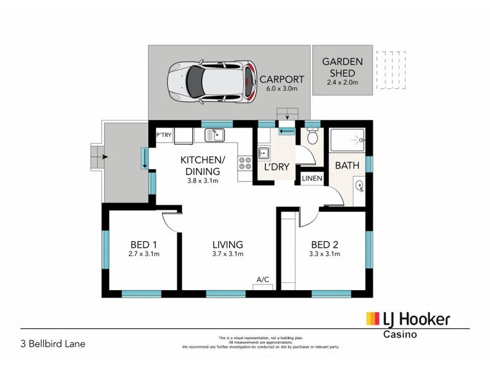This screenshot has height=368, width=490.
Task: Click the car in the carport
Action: pyautogui.click(x=211, y=81)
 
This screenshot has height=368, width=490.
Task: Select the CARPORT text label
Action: pyautogui.click(x=282, y=80)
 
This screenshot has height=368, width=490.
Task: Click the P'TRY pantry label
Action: pyautogui.click(x=164, y=135)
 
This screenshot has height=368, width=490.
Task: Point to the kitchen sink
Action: pyautogui.click(x=215, y=135)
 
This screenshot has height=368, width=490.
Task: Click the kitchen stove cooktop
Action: pyautogui.click(x=245, y=163)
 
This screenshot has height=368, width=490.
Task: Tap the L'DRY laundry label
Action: pyautogui.click(x=276, y=167)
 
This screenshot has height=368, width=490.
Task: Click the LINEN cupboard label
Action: pyautogui.click(x=312, y=178)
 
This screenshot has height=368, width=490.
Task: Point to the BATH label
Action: pyautogui.click(x=346, y=165)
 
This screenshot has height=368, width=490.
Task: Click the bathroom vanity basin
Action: pyautogui.click(x=359, y=183)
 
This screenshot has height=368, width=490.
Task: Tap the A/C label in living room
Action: pyautogui.click(x=263, y=280)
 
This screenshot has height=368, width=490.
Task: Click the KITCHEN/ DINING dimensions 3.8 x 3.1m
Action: pyautogui.click(x=202, y=181)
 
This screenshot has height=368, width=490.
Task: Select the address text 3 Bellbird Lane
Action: pyautogui.click(x=53, y=343)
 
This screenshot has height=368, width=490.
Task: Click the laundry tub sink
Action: pyautogui.click(x=264, y=153)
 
